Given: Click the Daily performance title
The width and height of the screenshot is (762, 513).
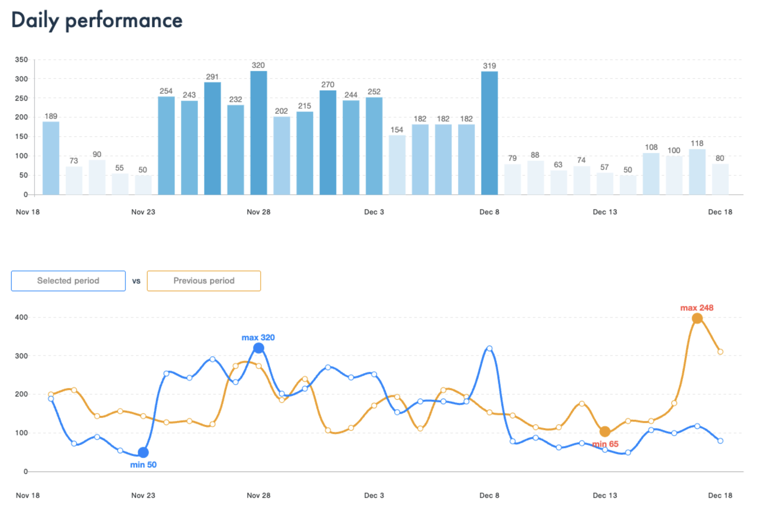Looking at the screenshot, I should [97, 20].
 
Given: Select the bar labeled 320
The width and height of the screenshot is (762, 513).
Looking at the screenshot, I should [258, 133].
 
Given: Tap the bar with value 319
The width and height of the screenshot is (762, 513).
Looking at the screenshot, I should [489, 133].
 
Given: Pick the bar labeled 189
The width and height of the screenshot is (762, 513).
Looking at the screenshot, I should [51, 158].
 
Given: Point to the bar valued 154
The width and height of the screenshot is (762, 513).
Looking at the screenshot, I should [397, 165].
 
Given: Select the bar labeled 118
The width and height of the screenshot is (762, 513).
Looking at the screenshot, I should [697, 172].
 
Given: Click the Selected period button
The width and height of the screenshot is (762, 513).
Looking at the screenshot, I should [68, 281].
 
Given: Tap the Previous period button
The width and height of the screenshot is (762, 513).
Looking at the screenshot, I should [204, 281].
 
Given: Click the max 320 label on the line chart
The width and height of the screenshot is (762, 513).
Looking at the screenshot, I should [258, 337].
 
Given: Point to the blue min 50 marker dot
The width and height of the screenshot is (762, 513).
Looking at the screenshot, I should [143, 452].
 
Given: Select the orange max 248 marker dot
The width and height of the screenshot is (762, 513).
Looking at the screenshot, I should [697, 318].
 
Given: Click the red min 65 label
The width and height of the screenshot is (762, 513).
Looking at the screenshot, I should [605, 444].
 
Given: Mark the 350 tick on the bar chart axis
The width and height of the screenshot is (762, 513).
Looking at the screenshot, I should [21, 60].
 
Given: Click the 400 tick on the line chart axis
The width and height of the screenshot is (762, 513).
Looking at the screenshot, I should [21, 317].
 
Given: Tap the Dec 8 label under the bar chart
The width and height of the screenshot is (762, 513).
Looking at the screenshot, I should [489, 212].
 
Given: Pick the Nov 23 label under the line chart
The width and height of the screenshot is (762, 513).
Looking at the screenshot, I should [143, 496].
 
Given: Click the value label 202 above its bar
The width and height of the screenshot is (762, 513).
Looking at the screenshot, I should [281, 111].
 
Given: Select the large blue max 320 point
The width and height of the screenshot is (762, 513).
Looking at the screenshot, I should [258, 348].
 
